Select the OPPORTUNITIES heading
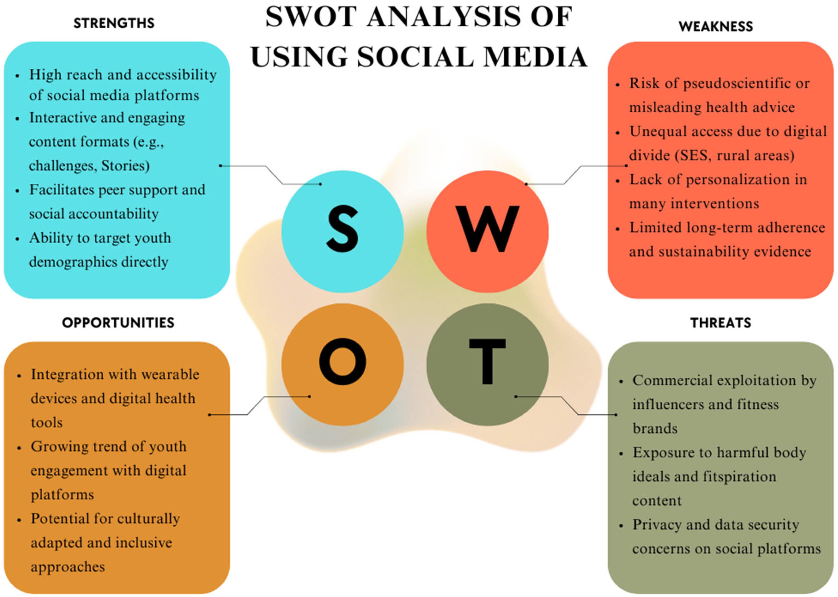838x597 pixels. pyautogui.click(x=118, y=323)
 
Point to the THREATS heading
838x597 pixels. pyautogui.click(x=720, y=323)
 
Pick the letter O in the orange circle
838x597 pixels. pyautogui.click(x=342, y=361)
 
